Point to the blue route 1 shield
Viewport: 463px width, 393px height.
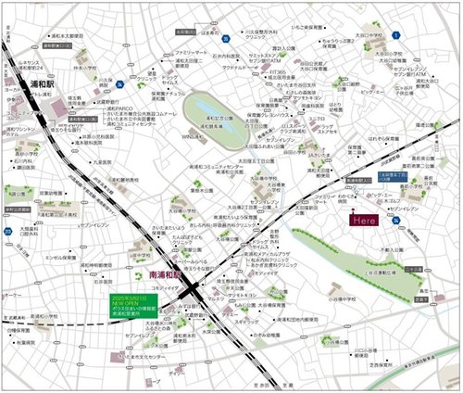396,34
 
